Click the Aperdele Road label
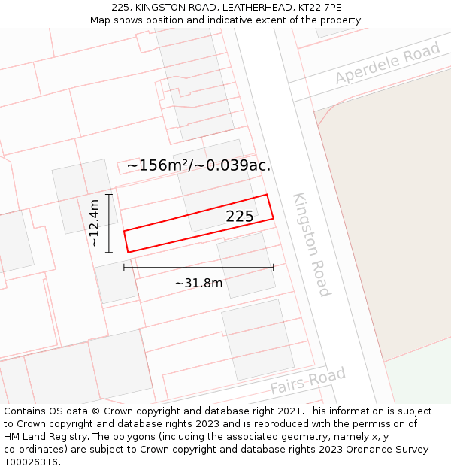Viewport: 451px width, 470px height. click(387, 64)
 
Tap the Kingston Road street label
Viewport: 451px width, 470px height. click(312, 244)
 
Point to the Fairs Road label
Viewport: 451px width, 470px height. click(308, 381)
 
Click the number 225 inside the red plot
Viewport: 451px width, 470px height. click(240, 217)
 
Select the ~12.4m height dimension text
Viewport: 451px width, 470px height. click(94, 223)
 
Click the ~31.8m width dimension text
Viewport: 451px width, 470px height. click(198, 283)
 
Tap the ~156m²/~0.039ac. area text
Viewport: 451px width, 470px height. click(198, 165)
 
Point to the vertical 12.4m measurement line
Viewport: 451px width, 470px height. click(109, 223)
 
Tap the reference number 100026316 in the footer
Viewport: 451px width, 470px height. click(31, 462)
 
